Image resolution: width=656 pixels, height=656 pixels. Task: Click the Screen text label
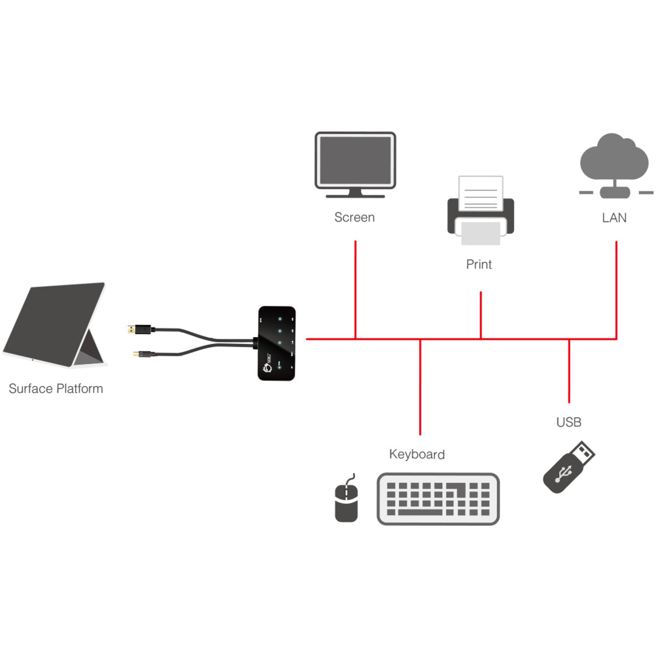pos(354,218)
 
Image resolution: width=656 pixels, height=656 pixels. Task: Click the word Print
pos(479,264)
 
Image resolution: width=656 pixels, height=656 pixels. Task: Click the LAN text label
pos(614,218)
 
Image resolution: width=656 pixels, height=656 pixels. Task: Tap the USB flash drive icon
pos(568,467)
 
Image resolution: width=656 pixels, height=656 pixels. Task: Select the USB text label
pos(568,422)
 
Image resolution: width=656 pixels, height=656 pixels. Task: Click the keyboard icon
pos(438,499)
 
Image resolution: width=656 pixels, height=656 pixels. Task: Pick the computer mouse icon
pos(346,501)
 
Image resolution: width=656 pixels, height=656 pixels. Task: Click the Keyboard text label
pos(417,455)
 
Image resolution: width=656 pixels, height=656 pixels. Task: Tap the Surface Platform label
pos(56,389)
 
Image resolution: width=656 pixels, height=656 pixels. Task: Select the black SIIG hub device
pos(277,343)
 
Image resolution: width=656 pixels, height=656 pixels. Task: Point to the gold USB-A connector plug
pos(132,329)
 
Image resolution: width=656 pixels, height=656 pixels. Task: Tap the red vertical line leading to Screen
pos(355,289)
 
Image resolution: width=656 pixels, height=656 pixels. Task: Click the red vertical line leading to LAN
pos(616,289)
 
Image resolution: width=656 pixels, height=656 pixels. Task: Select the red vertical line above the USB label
pos(569,370)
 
